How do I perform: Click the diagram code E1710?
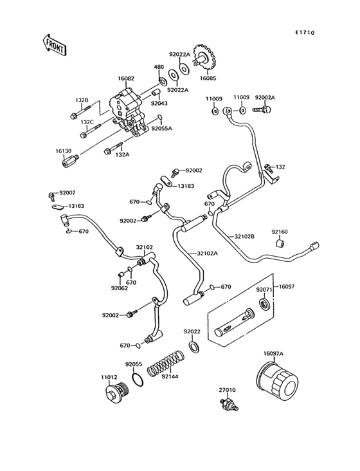pos(305,32)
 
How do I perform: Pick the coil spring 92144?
pos(165,364)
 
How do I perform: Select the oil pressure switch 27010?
pos(227,406)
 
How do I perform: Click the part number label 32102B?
pos(245,237)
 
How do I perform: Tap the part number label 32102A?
pos(208,254)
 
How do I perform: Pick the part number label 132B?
pos(82,100)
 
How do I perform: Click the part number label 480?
pos(158,67)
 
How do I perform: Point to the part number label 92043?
pos(159,103)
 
